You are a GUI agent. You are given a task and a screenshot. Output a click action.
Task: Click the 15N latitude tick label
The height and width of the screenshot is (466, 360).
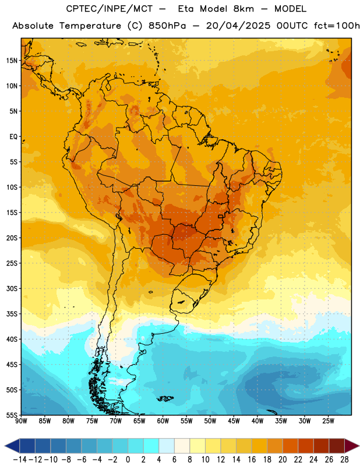click(x=12, y=61)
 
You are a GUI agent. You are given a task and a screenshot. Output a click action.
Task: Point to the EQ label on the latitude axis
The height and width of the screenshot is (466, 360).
click(x=13, y=137)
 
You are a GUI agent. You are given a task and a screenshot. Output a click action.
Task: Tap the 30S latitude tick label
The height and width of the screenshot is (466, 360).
click(x=12, y=288)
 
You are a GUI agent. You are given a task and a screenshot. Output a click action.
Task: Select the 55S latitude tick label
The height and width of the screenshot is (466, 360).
click(x=12, y=415)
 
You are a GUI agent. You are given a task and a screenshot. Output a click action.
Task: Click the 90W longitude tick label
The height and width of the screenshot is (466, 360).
click(x=21, y=421)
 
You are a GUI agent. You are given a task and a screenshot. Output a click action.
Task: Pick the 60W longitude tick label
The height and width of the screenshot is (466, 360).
click(x=163, y=421)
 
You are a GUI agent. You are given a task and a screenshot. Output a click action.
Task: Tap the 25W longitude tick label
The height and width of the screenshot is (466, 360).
click(x=328, y=421)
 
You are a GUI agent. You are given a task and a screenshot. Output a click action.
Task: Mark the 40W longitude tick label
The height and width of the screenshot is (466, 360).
click(x=257, y=421)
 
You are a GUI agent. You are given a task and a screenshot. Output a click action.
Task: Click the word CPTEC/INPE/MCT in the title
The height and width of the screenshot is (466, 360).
click(x=110, y=9)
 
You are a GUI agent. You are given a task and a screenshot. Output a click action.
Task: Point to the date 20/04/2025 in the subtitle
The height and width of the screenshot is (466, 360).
click(x=238, y=26)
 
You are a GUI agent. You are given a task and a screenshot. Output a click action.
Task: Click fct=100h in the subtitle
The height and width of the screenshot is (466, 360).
click(x=337, y=26)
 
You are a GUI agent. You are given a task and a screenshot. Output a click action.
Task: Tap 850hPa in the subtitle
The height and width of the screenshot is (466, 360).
click(x=167, y=26)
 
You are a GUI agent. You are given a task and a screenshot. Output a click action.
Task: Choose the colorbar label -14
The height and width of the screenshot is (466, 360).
click(x=20, y=460)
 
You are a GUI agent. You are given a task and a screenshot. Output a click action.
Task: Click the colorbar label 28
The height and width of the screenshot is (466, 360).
click(x=344, y=460)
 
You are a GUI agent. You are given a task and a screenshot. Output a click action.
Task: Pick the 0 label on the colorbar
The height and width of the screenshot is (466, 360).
click(x=128, y=460)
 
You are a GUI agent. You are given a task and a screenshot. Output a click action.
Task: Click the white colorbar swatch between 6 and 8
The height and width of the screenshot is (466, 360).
click(x=182, y=446)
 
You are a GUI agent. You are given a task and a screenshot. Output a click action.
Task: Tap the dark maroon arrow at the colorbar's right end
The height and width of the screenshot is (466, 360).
click(x=351, y=446)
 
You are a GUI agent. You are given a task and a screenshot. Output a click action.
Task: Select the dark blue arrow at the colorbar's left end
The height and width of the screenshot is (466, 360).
click(x=12, y=446)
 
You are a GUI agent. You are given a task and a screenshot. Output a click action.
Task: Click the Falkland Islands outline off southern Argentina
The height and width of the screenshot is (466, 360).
click(x=165, y=398)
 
